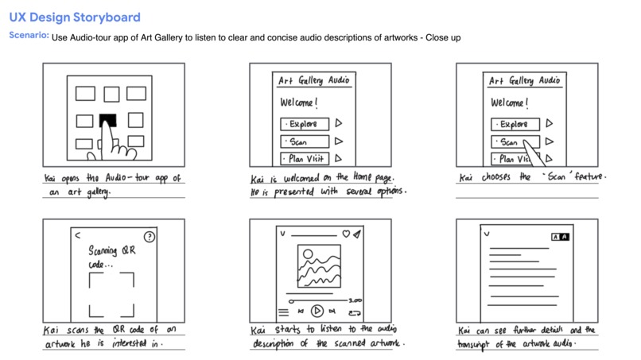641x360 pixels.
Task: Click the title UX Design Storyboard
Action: click(x=75, y=17)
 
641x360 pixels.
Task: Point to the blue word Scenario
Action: click(x=28, y=36)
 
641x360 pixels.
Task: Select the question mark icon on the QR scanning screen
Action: click(x=150, y=236)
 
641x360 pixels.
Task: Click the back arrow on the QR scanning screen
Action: click(x=78, y=235)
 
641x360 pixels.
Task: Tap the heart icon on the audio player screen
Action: click(x=345, y=234)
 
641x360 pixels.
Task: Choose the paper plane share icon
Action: click(x=358, y=234)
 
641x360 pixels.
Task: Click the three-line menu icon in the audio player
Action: click(x=284, y=312)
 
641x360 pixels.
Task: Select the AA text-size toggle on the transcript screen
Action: click(x=560, y=237)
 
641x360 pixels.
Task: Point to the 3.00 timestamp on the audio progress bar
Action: click(x=355, y=300)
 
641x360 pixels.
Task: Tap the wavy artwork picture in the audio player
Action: click(x=319, y=266)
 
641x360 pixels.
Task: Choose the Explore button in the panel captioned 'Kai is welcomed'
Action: click(x=304, y=124)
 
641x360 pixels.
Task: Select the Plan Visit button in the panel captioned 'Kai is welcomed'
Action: click(x=304, y=159)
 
